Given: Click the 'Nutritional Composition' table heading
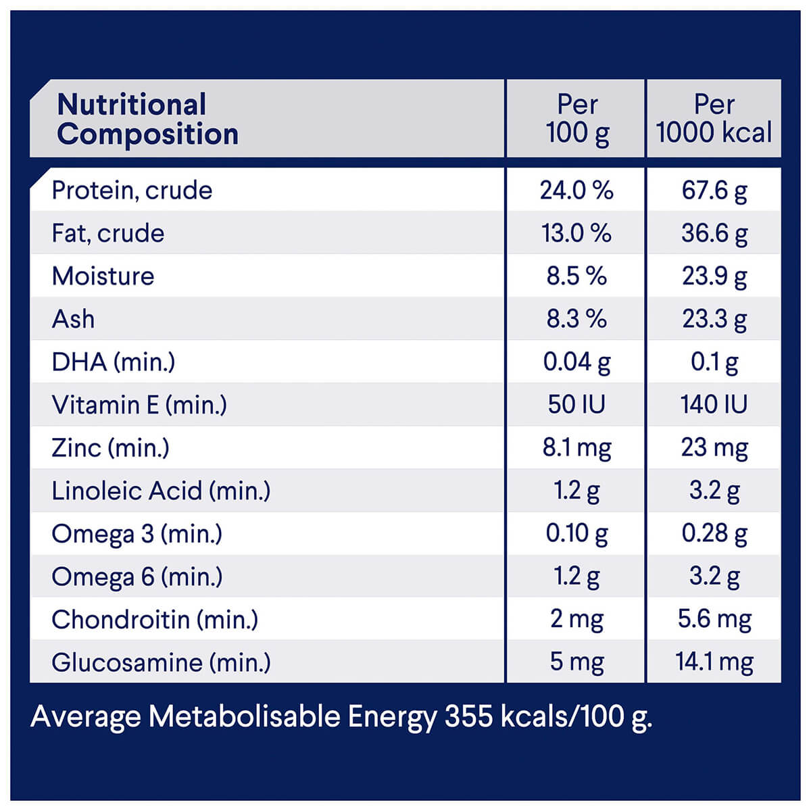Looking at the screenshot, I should [x=148, y=120].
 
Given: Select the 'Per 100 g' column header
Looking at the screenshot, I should [x=577, y=119].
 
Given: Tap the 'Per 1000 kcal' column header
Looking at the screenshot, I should [x=714, y=119].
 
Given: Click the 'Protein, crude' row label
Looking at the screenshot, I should [x=132, y=191].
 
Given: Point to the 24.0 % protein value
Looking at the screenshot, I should [x=576, y=191].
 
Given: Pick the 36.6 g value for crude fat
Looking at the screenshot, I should [x=714, y=234].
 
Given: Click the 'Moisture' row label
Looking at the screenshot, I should [x=103, y=276].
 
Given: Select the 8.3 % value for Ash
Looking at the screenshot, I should [x=576, y=319].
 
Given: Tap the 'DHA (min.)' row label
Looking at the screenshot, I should [x=113, y=362].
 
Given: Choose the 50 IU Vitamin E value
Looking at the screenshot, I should [x=576, y=405].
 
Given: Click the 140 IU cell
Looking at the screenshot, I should [x=714, y=405].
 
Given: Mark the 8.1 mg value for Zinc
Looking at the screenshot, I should [x=576, y=447].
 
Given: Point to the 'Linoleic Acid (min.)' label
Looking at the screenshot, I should [x=161, y=491].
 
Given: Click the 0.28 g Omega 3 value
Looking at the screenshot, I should [x=714, y=534].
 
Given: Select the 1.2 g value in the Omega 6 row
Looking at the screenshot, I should [x=576, y=576].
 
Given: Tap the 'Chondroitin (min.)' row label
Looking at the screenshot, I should [x=155, y=620].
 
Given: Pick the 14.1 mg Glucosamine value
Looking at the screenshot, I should [x=714, y=662].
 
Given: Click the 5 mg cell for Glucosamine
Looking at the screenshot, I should [x=576, y=662].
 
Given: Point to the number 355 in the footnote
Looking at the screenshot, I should [x=468, y=716].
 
